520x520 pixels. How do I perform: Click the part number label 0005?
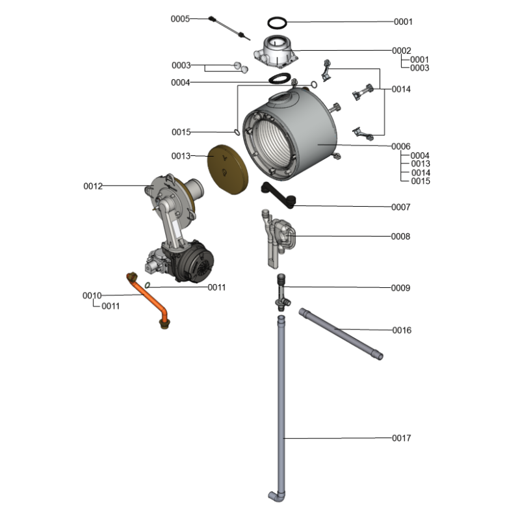pyautogui.click(x=180, y=19)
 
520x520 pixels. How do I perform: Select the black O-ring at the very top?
pyautogui.click(x=278, y=22)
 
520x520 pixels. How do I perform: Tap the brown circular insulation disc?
pyautogui.click(x=227, y=169)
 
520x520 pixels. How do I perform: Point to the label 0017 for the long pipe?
pyautogui.click(x=401, y=438)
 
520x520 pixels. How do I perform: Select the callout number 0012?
pyautogui.click(x=93, y=187)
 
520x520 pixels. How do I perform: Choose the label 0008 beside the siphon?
pyautogui.click(x=400, y=237)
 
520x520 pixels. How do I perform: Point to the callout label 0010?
pyautogui.click(x=92, y=296)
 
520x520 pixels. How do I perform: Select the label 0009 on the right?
pyautogui.click(x=400, y=287)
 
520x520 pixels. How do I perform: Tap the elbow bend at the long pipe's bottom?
pyautogui.click(x=276, y=496)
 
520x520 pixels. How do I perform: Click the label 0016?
pyautogui.click(x=401, y=330)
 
